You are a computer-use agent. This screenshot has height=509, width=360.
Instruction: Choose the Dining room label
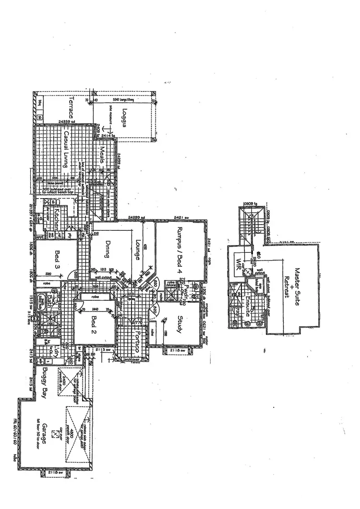[x=108, y=249]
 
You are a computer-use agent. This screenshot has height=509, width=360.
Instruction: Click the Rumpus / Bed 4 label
[x=181, y=249]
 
